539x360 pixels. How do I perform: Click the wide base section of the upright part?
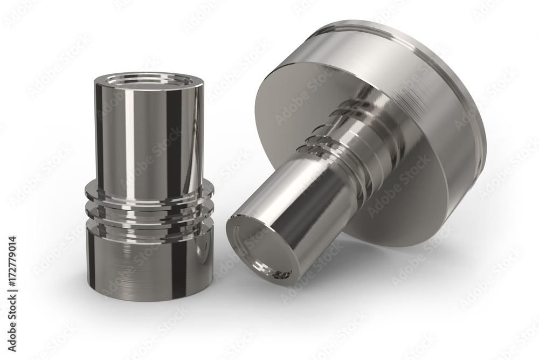coord(149,261)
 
